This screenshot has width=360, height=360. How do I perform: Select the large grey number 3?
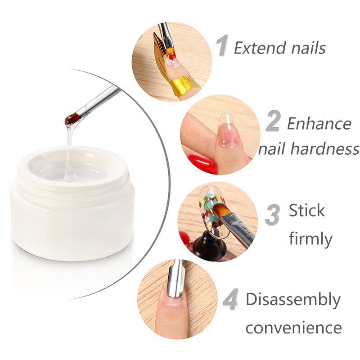click(272, 215)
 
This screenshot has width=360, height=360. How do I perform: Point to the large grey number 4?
click(230, 301)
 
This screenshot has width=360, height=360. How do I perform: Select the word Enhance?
click(319, 123)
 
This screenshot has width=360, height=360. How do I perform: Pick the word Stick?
click(306, 211)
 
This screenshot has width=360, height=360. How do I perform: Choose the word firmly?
click(310, 238)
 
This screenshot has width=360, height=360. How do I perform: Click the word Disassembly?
click(293, 300)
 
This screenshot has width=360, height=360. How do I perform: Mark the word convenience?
click(293, 328)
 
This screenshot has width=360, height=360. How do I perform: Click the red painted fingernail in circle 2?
click(201, 162)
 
